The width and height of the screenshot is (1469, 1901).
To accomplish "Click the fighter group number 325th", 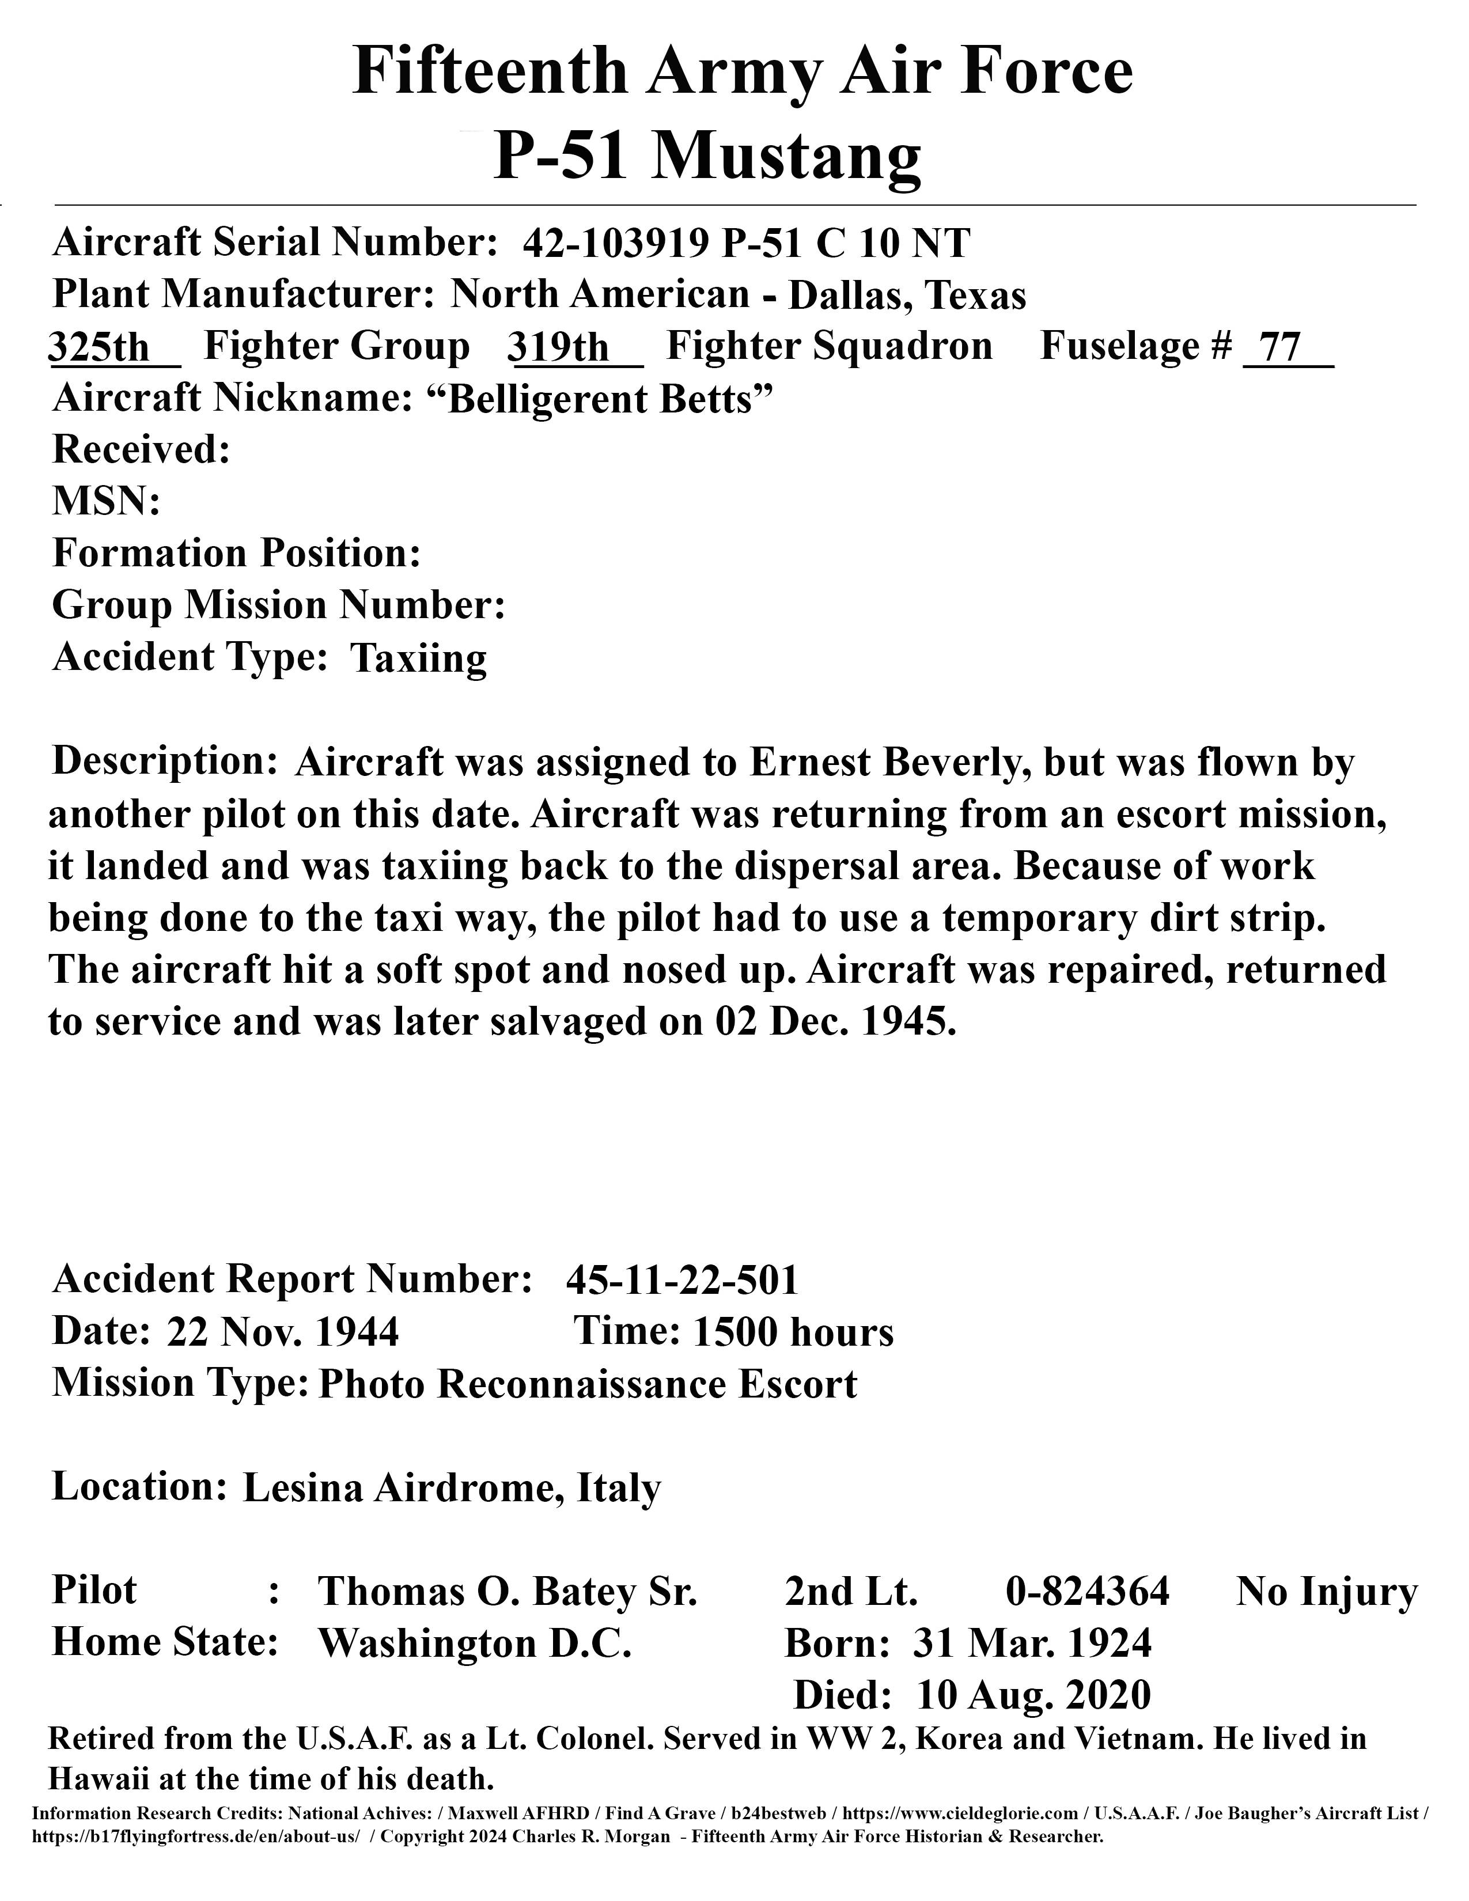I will [99, 347].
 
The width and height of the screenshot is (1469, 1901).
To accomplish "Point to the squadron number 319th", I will [559, 347].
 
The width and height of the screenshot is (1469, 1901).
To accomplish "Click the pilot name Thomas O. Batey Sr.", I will [508, 1591].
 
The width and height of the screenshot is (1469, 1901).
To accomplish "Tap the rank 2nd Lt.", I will [851, 1591].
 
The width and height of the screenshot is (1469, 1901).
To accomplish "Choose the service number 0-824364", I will [1088, 1591].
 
